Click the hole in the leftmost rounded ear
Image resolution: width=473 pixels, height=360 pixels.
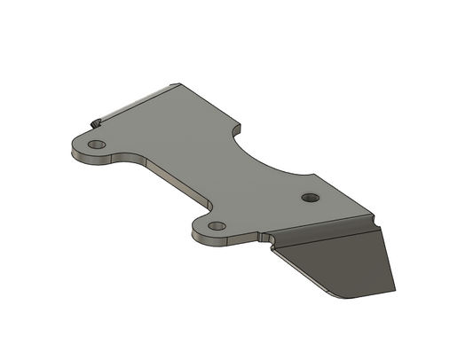click(97, 144)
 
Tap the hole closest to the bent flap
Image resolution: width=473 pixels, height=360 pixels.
click(310, 197)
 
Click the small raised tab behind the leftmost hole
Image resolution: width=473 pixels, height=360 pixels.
click(93, 121)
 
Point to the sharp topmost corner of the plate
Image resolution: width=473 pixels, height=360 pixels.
click(180, 84)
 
